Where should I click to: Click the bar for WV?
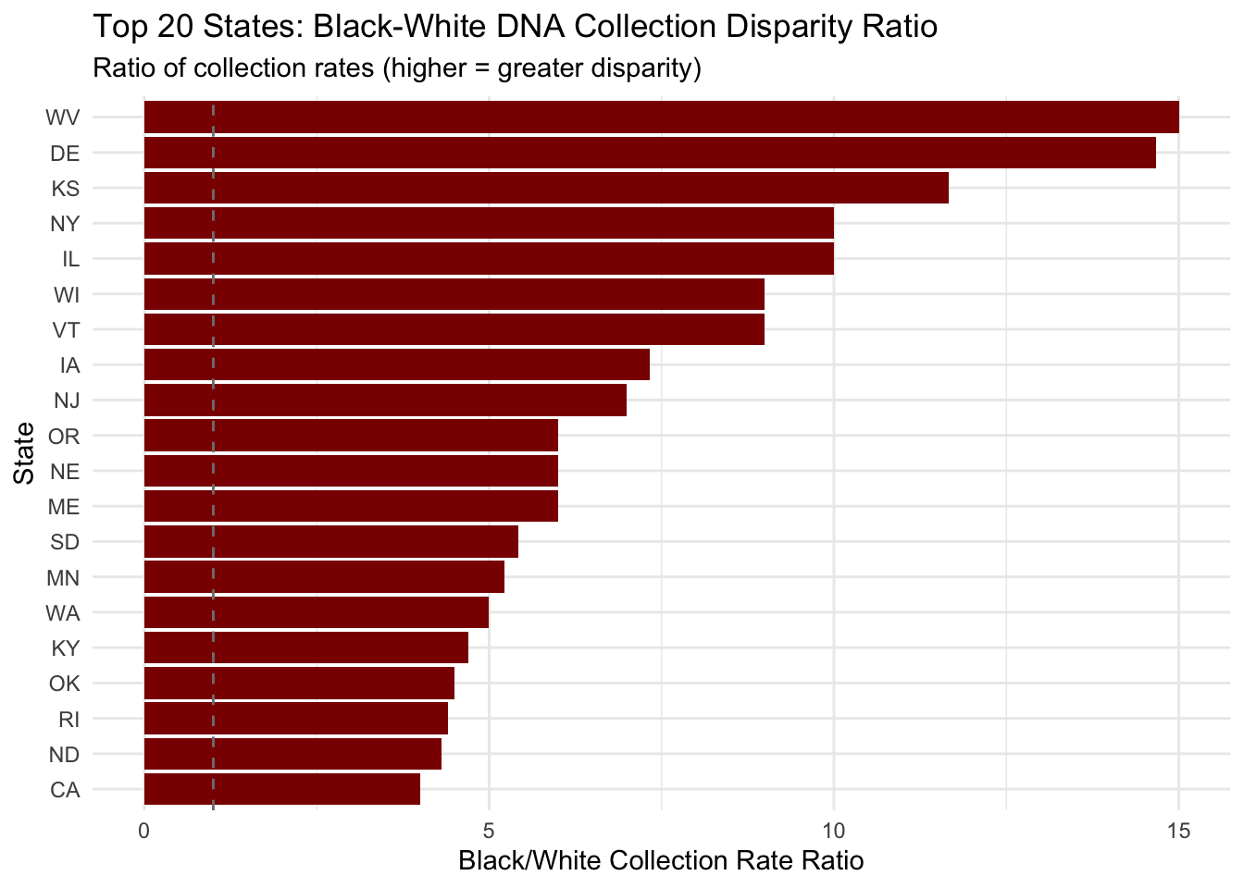pos(661,117)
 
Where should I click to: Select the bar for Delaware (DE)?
pos(650,153)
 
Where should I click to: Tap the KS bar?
pos(546,188)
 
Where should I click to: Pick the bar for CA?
pos(282,790)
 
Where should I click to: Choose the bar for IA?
pos(397,364)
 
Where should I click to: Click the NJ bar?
pos(385,401)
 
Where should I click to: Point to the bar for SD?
pos(331,541)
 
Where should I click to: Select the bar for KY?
pos(306,647)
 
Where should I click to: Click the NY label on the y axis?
pos(65,224)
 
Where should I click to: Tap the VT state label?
pos(66,330)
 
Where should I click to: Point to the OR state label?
pos(64,436)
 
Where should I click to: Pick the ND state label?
pos(64,755)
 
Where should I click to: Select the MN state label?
pos(63,578)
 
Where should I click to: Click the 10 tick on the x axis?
pos(833,831)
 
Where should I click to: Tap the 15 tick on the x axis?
pos(1178,831)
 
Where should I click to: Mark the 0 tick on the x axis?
pos(144,831)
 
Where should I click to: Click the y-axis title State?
pos(25,452)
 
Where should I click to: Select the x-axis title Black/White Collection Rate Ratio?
pos(661,861)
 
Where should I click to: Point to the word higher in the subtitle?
pos(440,68)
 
